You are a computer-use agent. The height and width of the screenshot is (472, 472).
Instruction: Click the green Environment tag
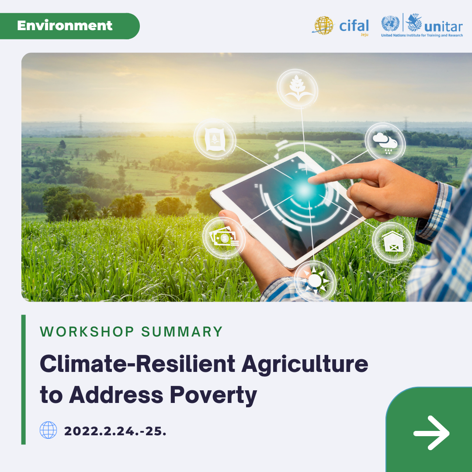click(69, 26)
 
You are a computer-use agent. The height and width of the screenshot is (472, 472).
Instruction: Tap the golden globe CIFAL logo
click(323, 26)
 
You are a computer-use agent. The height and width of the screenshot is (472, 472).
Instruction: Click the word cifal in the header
click(354, 26)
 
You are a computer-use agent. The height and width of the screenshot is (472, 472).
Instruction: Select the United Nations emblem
click(390, 24)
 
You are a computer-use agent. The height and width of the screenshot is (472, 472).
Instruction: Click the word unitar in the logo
click(443, 27)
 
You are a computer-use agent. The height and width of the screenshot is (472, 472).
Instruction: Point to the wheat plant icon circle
click(298, 89)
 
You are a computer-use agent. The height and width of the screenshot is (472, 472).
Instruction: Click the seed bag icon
click(215, 139)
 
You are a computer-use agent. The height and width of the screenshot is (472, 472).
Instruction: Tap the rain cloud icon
click(385, 142)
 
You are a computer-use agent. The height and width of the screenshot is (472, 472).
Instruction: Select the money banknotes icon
click(224, 238)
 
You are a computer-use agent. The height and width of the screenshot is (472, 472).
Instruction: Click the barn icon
click(393, 242)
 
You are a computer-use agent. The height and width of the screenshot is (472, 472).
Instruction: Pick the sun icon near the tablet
click(315, 281)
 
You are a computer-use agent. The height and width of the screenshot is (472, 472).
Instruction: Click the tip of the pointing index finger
click(310, 180)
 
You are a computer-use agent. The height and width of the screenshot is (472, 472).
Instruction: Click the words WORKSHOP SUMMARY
click(131, 332)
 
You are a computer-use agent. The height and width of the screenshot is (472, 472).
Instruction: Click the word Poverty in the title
click(213, 396)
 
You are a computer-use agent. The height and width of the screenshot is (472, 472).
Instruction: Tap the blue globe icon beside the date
click(48, 430)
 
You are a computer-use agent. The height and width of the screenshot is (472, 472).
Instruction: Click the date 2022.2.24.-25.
click(115, 431)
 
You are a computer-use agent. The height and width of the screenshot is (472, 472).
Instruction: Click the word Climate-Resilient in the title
click(138, 364)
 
